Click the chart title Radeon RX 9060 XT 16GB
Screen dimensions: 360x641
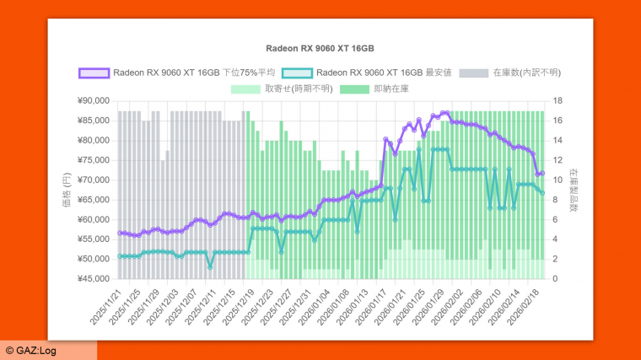(320, 49)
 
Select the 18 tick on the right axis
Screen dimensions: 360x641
(558, 100)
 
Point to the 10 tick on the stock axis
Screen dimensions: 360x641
(558, 180)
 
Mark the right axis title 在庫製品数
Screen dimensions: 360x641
(574, 190)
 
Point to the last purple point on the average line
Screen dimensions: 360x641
(542, 174)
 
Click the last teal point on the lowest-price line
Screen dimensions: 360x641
(542, 193)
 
